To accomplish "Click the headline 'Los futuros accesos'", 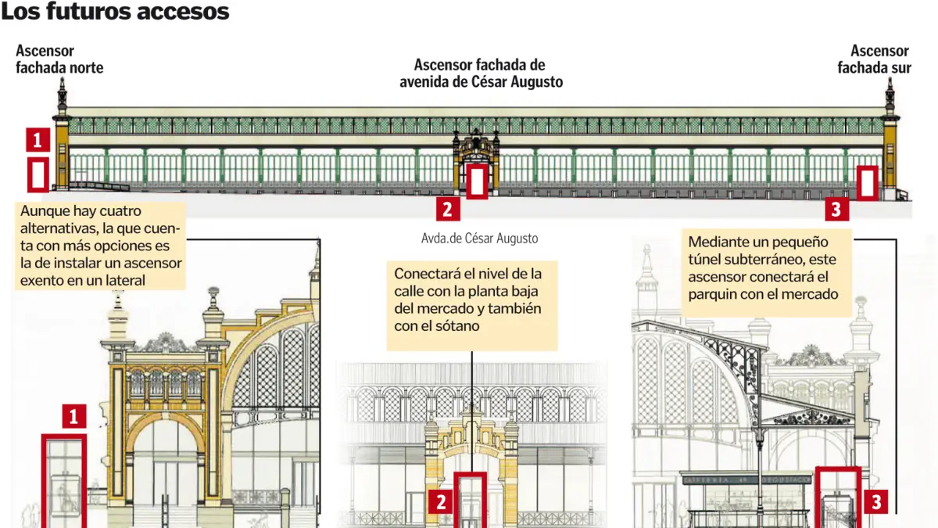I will point(115,12).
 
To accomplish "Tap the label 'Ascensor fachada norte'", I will point(59,59).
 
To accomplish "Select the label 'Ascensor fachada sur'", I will point(875,59).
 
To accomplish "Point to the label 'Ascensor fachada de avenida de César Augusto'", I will point(480,74).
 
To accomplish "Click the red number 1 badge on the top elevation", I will point(38,139).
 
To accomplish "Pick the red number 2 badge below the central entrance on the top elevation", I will point(447,209).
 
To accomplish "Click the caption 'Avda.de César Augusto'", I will point(479,238).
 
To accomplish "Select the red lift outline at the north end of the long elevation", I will point(38,174).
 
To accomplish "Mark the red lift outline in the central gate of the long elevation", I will point(477,180).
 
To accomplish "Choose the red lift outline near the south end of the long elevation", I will point(866,182).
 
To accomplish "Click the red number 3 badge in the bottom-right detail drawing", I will point(875,501).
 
